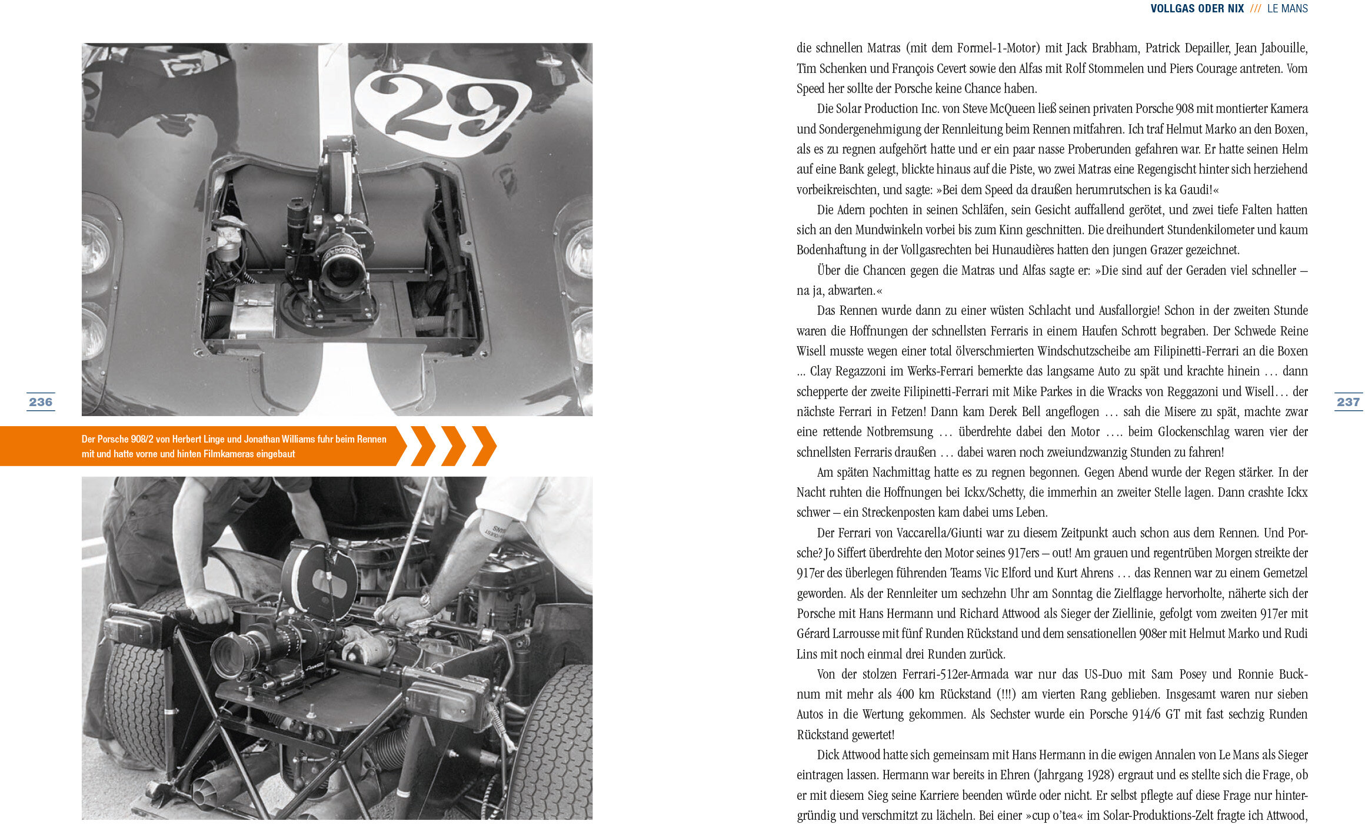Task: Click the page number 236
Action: [41, 402]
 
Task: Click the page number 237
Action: [1348, 402]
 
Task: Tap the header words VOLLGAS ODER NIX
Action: [1197, 8]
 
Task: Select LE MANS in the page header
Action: [1287, 8]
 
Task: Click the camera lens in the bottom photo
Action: [229, 656]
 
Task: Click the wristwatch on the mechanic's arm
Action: [425, 602]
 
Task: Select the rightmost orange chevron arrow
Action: [484, 446]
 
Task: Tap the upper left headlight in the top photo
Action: [95, 244]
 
